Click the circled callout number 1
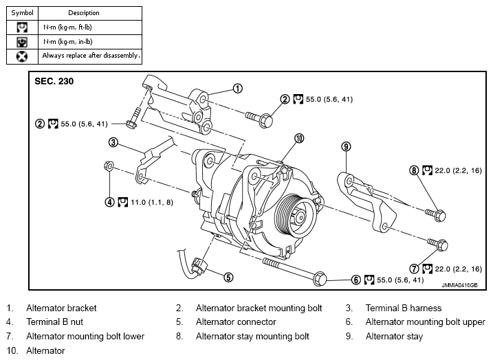[x=238, y=89]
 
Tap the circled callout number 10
[x=299, y=138]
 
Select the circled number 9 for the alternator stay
[x=346, y=146]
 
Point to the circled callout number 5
[x=228, y=278]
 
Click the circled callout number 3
[x=113, y=142]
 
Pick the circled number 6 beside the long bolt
[x=355, y=280]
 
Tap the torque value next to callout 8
[x=458, y=170]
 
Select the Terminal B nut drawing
[x=109, y=166]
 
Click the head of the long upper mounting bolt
[x=320, y=279]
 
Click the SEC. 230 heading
[x=54, y=81]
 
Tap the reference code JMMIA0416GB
[x=459, y=285]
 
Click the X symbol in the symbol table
[x=22, y=56]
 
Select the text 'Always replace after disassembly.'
[x=91, y=56]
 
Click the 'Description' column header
[x=84, y=13]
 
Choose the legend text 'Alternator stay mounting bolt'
[x=252, y=337]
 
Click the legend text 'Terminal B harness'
[x=404, y=308]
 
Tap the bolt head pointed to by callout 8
[x=441, y=216]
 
